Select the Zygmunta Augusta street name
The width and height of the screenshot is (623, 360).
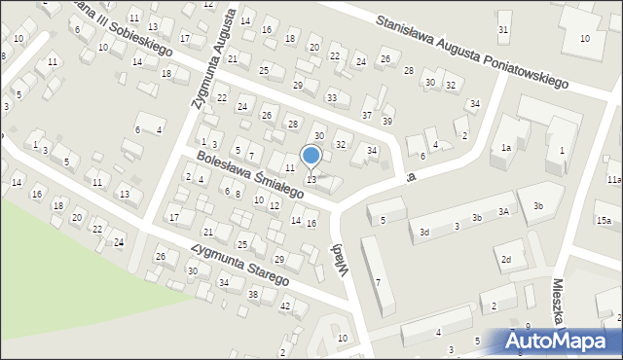click(x=213, y=58)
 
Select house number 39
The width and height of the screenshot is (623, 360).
click(x=387, y=121)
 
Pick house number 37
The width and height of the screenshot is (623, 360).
click(x=367, y=115)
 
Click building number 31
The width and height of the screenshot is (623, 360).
click(x=503, y=29)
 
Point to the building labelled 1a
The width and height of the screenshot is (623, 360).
click(x=506, y=148)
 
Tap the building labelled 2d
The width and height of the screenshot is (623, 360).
click(x=505, y=259)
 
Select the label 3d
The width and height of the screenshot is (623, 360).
click(x=423, y=233)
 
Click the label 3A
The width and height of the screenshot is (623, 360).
click(x=503, y=211)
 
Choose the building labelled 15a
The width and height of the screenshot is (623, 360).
click(x=604, y=222)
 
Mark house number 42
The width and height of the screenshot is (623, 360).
click(x=285, y=306)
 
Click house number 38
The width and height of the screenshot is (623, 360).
click(x=253, y=294)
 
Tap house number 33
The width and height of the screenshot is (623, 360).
click(x=332, y=97)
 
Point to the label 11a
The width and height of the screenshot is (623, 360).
click(x=613, y=180)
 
